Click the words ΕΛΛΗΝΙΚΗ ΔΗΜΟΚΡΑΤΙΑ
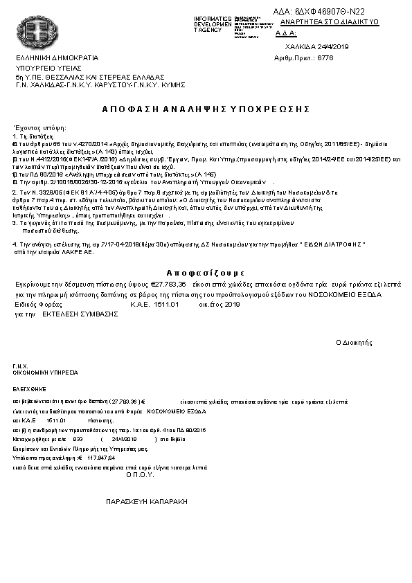57,57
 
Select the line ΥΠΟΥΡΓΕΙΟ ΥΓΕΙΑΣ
46,69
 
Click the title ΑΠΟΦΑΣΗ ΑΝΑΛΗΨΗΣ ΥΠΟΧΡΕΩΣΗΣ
205,109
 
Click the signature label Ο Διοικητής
354,342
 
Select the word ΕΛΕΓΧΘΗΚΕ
28,389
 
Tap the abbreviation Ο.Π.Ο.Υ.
140,475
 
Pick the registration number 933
78,439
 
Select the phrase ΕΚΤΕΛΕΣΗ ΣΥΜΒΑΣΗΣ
78,314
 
